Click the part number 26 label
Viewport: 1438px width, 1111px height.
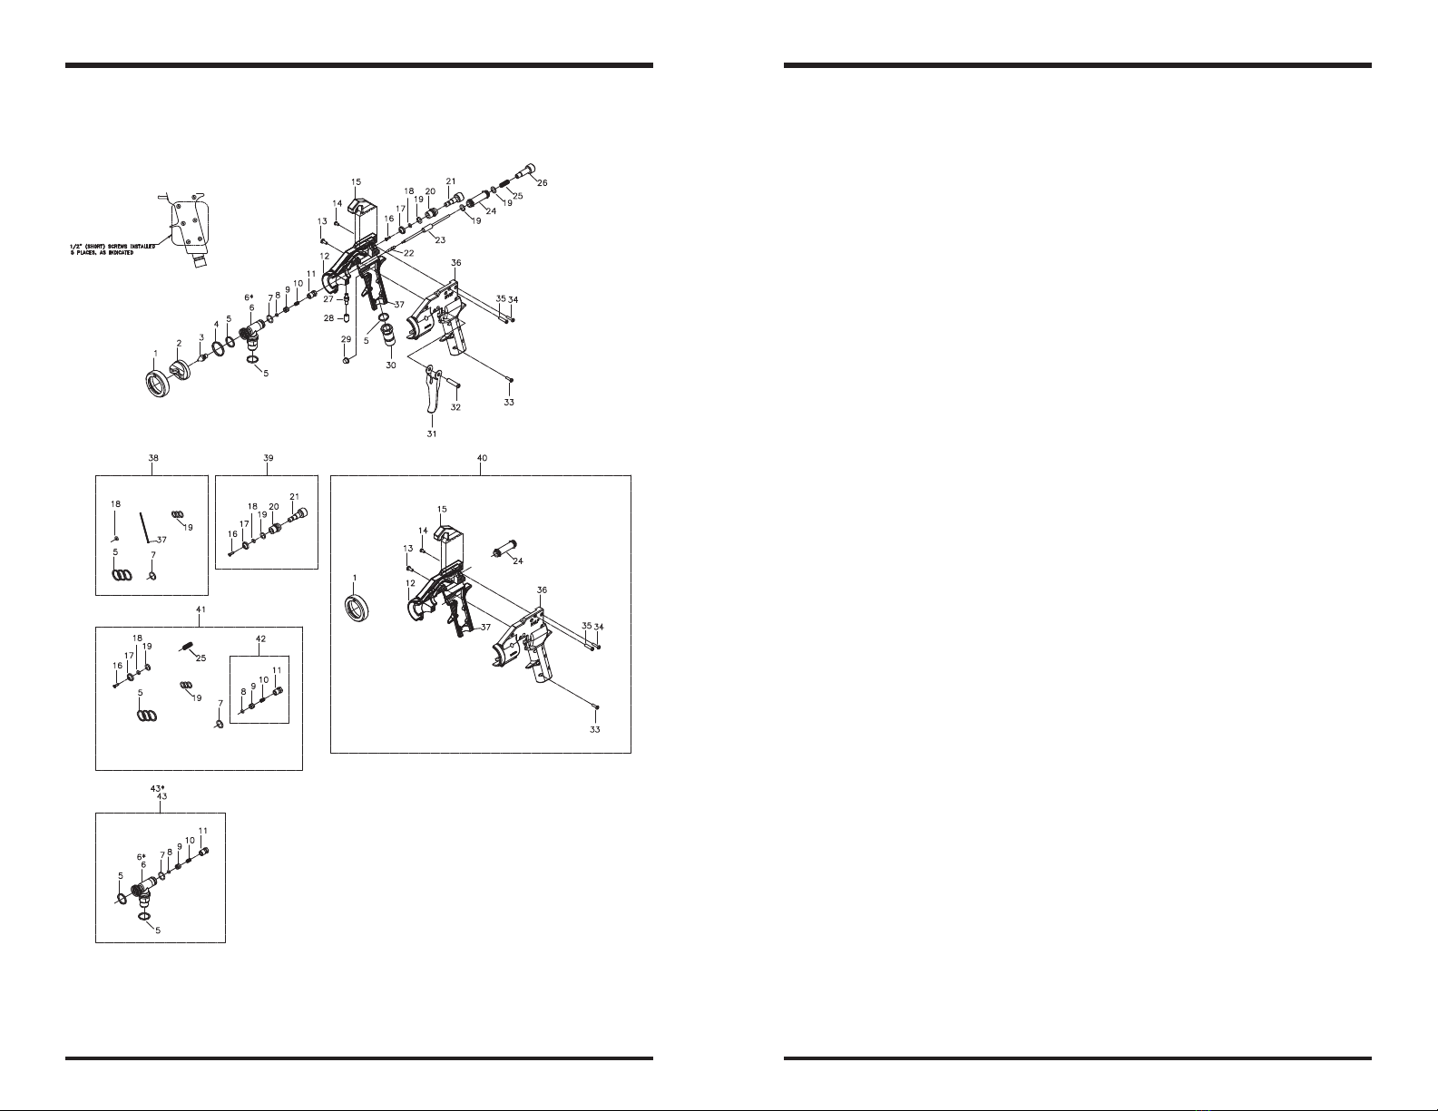[x=543, y=183]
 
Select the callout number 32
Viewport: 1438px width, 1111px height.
[x=455, y=407]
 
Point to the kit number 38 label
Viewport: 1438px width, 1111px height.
[x=152, y=458]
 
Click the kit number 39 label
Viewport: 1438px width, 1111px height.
[x=268, y=458]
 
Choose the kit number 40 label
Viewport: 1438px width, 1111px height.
[x=482, y=458]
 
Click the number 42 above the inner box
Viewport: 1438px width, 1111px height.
[x=260, y=638]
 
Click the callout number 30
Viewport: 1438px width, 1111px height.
[x=390, y=365]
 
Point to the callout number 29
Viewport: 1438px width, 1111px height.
[x=346, y=338]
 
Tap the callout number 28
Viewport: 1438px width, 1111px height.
[x=329, y=317]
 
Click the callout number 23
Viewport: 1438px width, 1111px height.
[x=440, y=240]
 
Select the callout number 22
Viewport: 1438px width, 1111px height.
[x=409, y=253]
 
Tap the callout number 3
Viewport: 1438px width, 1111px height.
[x=201, y=336]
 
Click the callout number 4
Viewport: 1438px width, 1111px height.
[x=216, y=323]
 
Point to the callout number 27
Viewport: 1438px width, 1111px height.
[x=328, y=298]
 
